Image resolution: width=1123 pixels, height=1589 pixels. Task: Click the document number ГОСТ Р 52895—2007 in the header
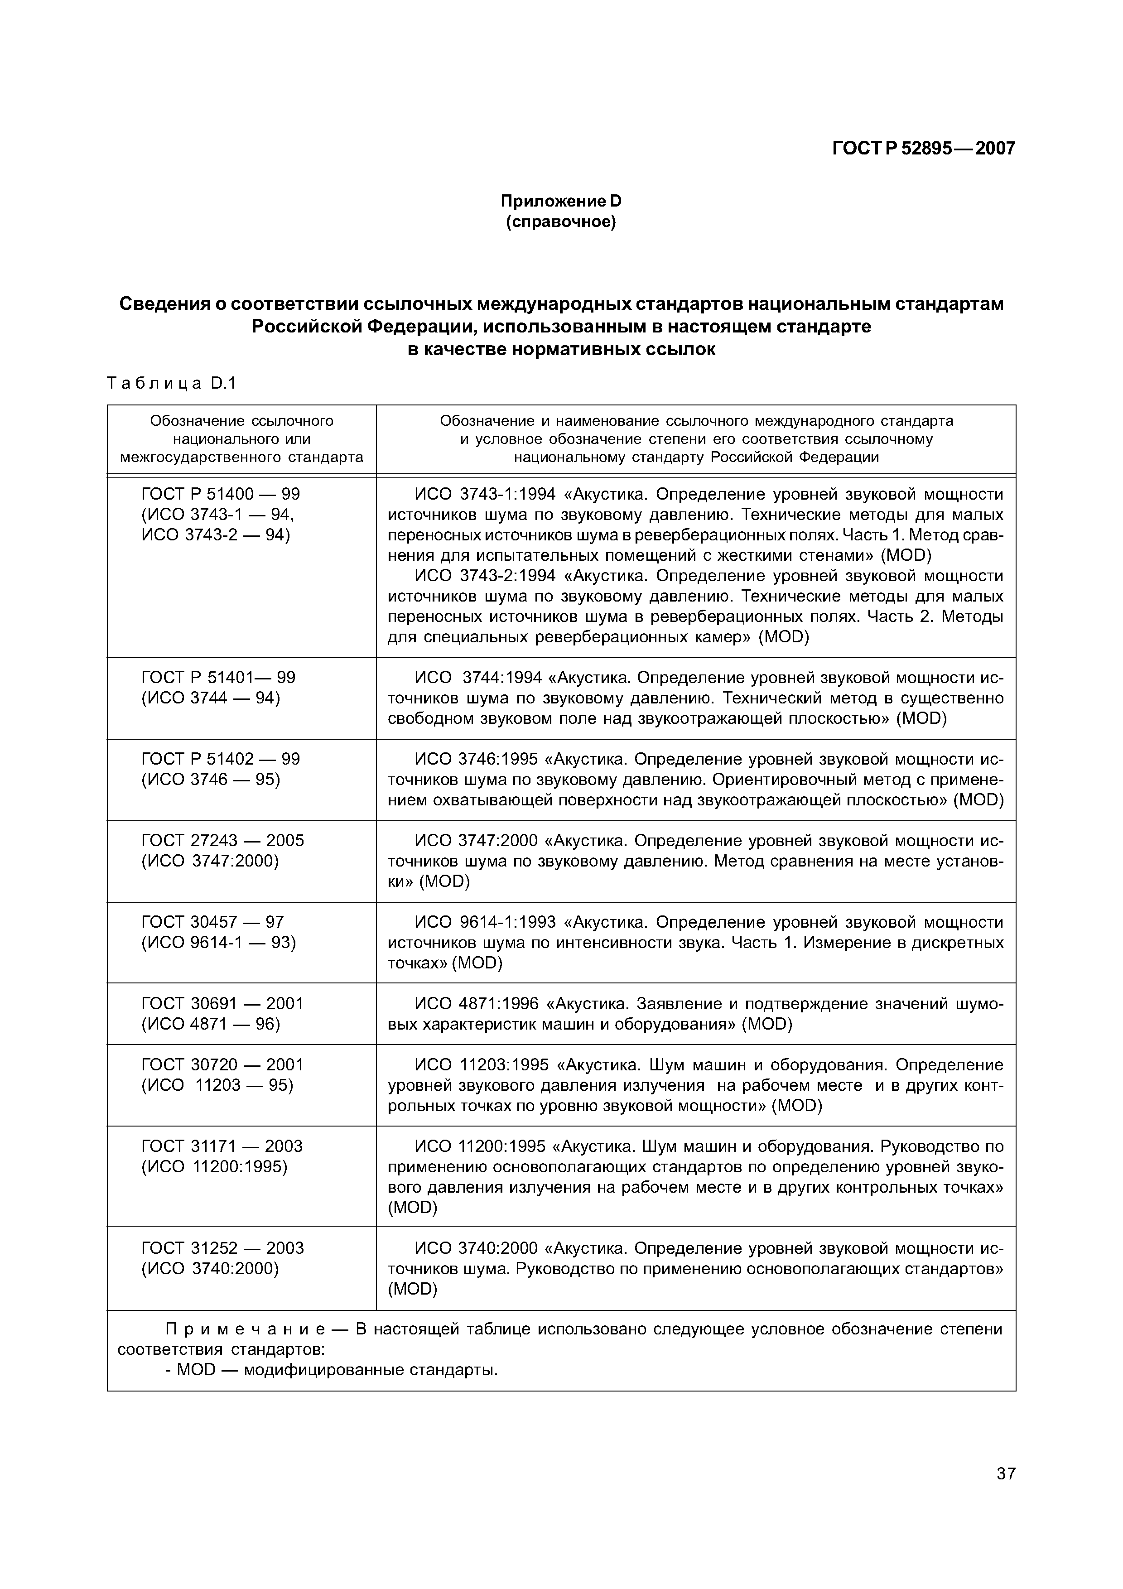tap(923, 148)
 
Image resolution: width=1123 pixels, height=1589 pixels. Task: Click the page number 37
tap(1005, 1492)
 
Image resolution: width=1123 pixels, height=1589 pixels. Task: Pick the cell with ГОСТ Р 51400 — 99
tap(220, 494)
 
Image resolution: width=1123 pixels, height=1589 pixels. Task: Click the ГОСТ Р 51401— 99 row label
tap(218, 678)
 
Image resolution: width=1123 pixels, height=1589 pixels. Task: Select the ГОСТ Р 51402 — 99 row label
tap(220, 759)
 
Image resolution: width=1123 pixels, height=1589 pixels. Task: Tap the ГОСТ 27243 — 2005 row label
tap(222, 840)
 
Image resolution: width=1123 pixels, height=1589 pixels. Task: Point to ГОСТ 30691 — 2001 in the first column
tap(222, 1003)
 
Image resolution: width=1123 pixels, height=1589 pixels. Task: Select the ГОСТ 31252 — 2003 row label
tap(222, 1248)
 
